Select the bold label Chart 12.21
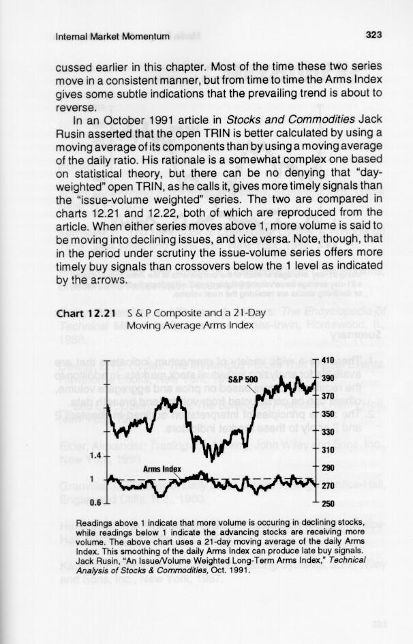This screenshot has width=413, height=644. tap(85, 313)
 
